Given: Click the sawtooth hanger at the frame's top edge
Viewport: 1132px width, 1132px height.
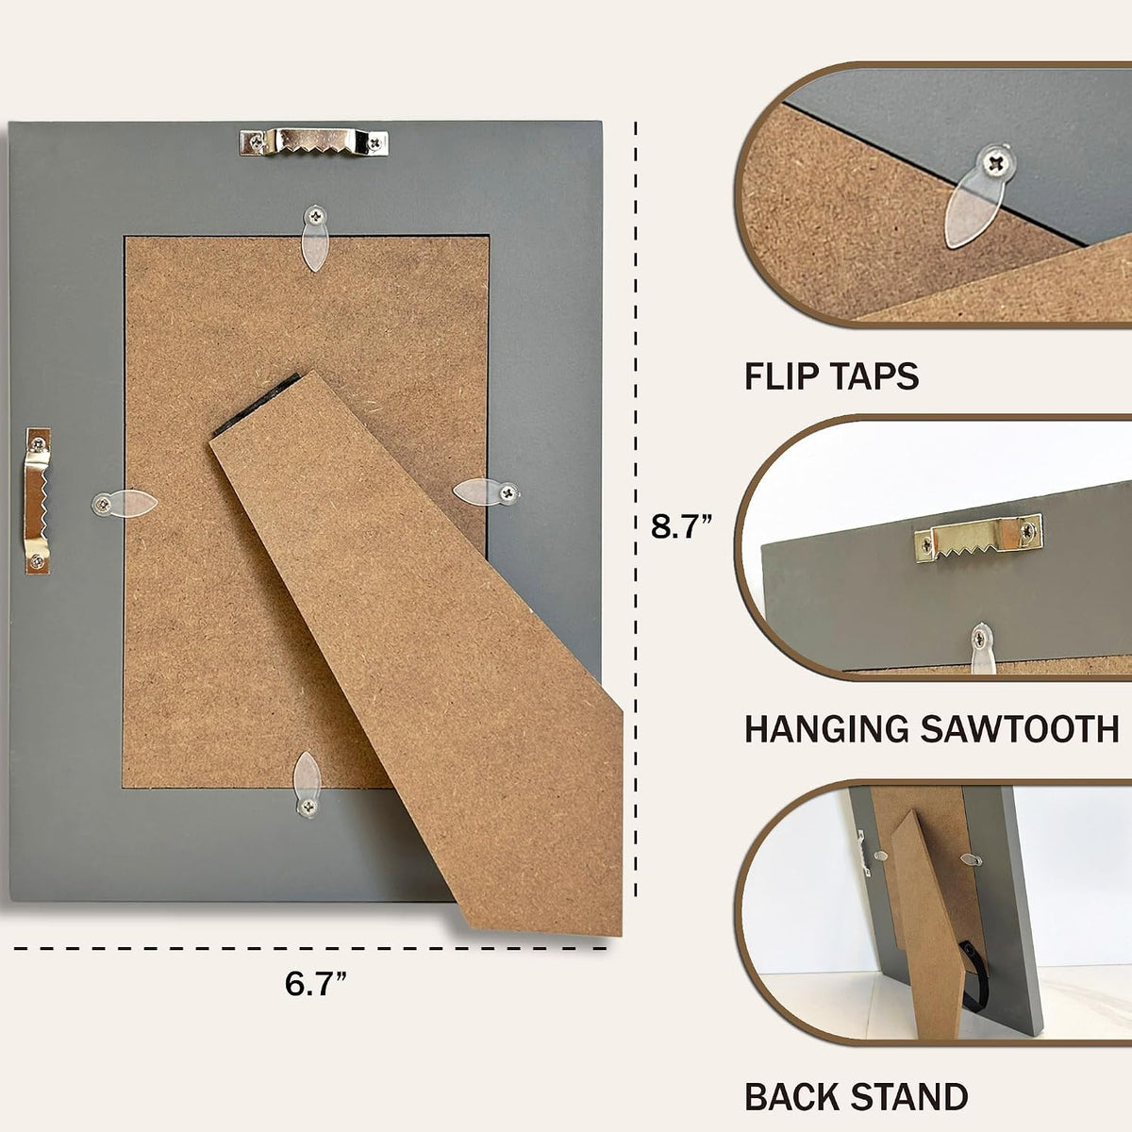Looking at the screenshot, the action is (314, 142).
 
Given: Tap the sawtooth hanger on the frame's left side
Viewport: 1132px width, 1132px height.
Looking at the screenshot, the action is (37, 501).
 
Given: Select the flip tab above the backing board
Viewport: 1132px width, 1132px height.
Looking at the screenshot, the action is (315, 238).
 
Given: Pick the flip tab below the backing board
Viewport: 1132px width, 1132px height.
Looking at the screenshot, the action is (308, 784).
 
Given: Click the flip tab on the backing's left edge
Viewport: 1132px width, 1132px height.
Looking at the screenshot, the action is (124, 504).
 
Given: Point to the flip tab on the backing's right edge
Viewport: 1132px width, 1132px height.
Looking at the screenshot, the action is (487, 491).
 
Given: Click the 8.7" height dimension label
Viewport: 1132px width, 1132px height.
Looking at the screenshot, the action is (681, 526).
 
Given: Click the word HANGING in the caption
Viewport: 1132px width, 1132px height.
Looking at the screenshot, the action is (827, 729).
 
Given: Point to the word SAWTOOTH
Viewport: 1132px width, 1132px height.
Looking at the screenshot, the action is (1020, 729).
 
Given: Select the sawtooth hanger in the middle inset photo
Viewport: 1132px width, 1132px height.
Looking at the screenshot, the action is (979, 539).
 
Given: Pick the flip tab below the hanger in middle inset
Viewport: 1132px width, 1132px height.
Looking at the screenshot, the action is (982, 648).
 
